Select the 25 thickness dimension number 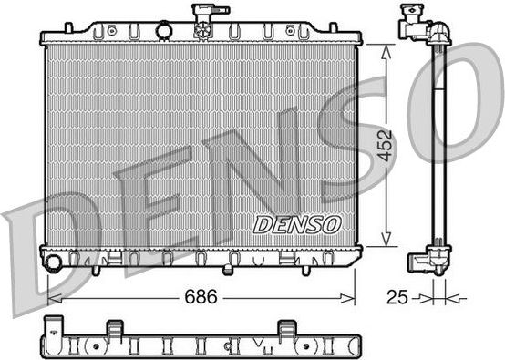[x=395, y=297]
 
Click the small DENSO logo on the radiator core [x=296, y=223]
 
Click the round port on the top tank [x=164, y=31]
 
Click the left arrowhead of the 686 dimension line [x=51, y=297]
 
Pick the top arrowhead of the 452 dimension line [x=388, y=50]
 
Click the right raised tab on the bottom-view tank [x=286, y=327]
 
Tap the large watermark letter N [x=273, y=173]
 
